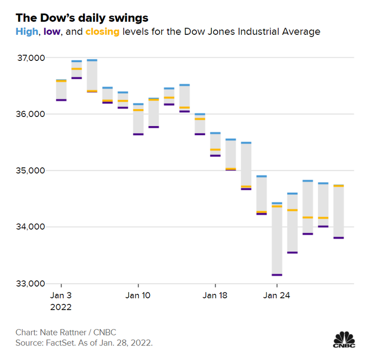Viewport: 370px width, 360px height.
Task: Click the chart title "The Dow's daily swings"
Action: coord(82,18)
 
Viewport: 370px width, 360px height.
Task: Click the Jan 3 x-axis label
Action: coord(61,295)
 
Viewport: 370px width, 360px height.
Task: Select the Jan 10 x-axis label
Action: coord(138,295)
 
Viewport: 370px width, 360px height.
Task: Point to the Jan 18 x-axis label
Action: coord(215,295)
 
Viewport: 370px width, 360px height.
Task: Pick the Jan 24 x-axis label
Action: coord(277,295)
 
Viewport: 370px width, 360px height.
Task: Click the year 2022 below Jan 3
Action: coord(61,307)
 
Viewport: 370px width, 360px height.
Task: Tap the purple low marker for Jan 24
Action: coord(277,274)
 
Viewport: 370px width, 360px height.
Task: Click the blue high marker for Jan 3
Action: coord(61,80)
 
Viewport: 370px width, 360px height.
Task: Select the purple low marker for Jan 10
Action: coord(138,134)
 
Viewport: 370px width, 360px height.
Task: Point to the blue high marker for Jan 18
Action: coord(215,133)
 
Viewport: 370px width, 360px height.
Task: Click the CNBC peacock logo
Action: coord(344,339)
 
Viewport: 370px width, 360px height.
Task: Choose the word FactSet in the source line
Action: coord(57,343)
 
